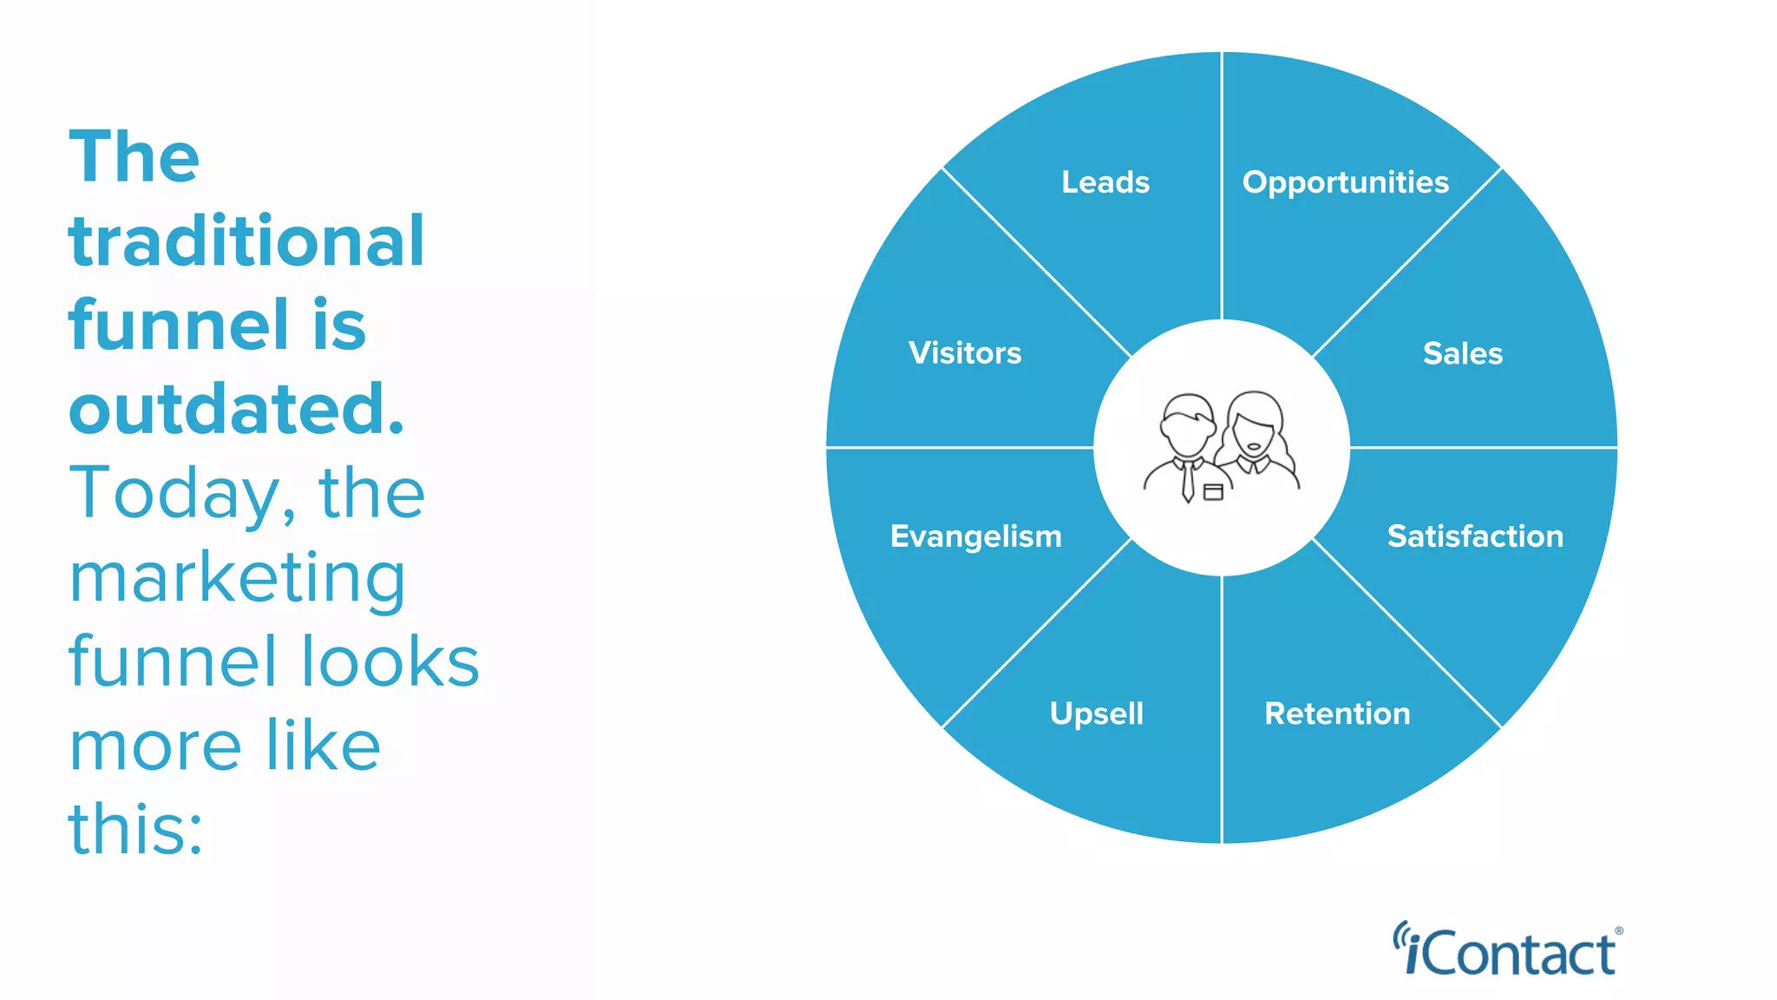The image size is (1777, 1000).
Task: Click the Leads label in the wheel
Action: click(x=1105, y=182)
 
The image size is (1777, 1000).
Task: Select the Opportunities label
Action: click(x=1345, y=182)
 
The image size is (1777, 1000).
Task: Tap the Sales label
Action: click(x=1462, y=353)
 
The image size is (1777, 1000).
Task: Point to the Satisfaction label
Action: click(x=1475, y=536)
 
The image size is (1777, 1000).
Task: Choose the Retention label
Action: click(x=1337, y=714)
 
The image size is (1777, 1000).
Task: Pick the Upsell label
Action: click(x=1097, y=714)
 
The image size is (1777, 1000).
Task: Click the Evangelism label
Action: click(x=975, y=536)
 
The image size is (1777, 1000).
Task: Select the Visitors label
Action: click(x=965, y=353)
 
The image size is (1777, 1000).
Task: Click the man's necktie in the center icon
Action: click(x=1188, y=482)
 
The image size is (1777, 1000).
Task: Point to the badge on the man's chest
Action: click(x=1213, y=492)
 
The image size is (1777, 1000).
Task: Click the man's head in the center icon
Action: click(x=1187, y=425)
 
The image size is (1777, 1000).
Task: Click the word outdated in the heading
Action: click(x=236, y=409)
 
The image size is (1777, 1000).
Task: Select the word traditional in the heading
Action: click(x=246, y=240)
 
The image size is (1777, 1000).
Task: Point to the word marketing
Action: click(x=237, y=577)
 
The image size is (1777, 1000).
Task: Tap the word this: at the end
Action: click(x=135, y=828)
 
